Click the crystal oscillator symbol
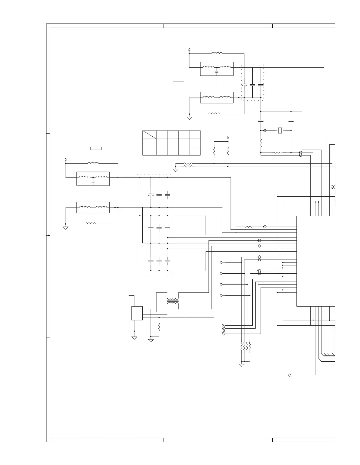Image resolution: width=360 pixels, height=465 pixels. click(280, 130)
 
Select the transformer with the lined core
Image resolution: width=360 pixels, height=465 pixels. click(173, 301)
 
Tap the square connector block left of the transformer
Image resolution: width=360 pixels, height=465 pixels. click(137, 313)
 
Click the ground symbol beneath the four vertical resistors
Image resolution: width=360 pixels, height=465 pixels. click(241, 365)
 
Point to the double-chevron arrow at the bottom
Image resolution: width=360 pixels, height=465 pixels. click(290, 375)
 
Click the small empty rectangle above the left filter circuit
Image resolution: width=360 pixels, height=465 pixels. click(96, 148)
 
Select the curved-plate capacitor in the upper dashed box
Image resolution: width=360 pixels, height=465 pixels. click(244, 85)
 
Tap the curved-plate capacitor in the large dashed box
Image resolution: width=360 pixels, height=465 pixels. click(151, 195)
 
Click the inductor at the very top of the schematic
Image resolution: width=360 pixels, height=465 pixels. click(217, 53)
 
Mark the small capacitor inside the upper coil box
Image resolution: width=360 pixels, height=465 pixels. click(217, 71)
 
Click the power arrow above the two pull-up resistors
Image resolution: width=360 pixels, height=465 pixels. click(228, 137)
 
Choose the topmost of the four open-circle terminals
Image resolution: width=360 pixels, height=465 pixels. click(221, 262)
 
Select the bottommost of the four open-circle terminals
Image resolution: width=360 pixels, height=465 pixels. click(221, 295)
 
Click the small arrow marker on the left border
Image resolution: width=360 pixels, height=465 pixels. click(49, 235)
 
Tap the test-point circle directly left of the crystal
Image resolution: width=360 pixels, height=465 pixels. click(265, 130)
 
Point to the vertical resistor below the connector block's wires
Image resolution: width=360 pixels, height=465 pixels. click(159, 327)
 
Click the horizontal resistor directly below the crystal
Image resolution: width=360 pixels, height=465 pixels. click(279, 153)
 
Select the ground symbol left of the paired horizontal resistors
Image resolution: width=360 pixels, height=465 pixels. click(176, 170)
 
